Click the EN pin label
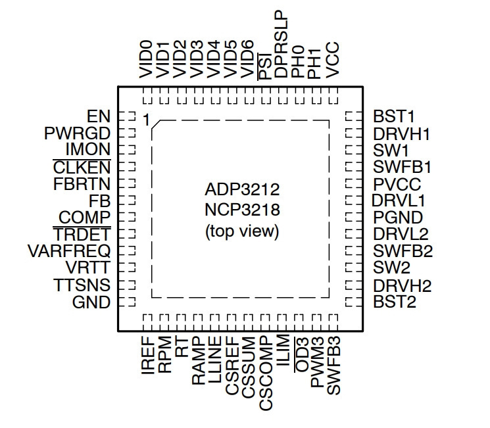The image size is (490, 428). [99, 116]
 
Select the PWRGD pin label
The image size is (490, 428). [77, 133]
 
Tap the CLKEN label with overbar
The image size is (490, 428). [82, 167]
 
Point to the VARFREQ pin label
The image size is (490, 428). [69, 251]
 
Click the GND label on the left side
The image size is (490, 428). [91, 302]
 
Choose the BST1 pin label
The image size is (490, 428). [394, 116]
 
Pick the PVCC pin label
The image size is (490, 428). [397, 184]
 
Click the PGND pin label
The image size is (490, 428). [398, 218]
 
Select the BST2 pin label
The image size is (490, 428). [395, 302]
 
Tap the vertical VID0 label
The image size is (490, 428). [146, 59]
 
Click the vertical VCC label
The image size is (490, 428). [332, 60]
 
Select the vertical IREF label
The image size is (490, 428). [148, 355]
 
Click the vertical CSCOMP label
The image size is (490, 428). [266, 373]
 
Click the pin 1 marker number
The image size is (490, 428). [146, 120]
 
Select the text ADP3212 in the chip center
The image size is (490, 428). [242, 189]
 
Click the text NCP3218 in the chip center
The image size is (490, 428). [242, 210]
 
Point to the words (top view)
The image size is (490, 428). [242, 231]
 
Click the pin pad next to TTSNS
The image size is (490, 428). [127, 285]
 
